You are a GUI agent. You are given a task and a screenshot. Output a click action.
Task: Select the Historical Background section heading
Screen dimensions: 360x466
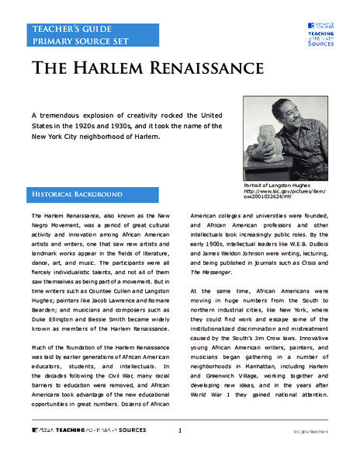click(77, 193)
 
